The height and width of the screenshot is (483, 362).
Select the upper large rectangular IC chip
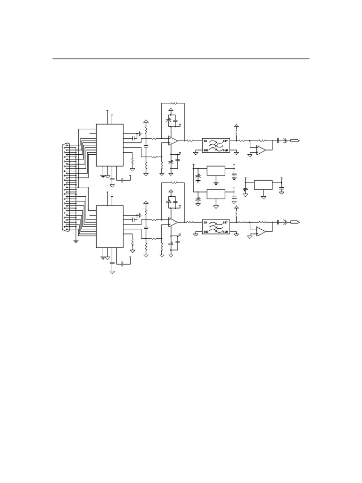pyautogui.click(x=110, y=145)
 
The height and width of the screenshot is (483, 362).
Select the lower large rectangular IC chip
pyautogui.click(x=110, y=226)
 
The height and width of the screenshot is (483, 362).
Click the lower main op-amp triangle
pyautogui.click(x=173, y=222)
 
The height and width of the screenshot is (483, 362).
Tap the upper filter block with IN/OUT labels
pyautogui.click(x=216, y=145)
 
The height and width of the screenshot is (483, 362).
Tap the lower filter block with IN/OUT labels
pyautogui.click(x=216, y=226)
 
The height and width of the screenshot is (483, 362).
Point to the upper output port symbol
pyautogui.click(x=296, y=141)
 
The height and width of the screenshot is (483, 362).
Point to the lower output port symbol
pyautogui.click(x=296, y=222)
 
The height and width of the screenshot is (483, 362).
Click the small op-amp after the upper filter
pyautogui.click(x=261, y=150)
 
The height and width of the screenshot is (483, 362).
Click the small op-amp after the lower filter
pyautogui.click(x=261, y=232)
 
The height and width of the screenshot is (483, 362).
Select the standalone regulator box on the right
pyautogui.click(x=263, y=184)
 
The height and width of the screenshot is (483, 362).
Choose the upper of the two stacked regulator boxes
pyautogui.click(x=216, y=170)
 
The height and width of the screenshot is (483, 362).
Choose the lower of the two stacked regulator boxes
pyautogui.click(x=216, y=194)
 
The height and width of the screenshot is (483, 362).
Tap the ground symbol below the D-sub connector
pyautogui.click(x=76, y=241)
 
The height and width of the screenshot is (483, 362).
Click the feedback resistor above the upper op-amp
pyautogui.click(x=173, y=103)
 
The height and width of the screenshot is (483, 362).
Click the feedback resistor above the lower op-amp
pyautogui.click(x=173, y=183)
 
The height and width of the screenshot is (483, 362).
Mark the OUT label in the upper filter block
pyautogui.click(x=225, y=141)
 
